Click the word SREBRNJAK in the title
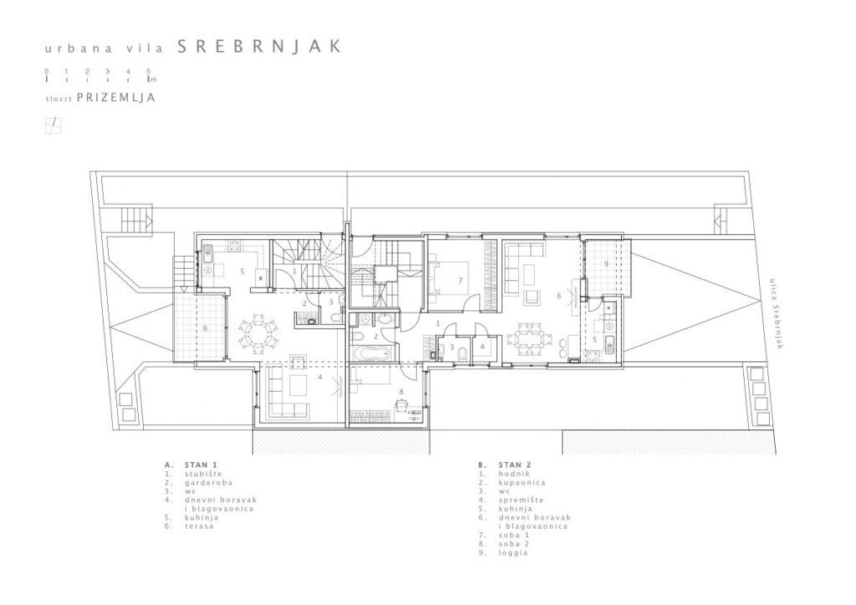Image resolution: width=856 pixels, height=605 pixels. (260, 46)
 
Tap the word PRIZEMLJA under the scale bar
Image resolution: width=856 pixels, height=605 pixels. (116, 98)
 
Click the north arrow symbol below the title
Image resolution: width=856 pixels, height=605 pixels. (53, 125)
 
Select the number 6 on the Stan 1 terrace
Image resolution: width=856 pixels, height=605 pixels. (206, 328)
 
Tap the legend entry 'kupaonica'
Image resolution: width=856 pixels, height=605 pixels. (522, 482)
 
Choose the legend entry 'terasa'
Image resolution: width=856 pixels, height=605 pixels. (199, 526)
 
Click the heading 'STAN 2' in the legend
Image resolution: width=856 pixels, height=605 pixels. (514, 465)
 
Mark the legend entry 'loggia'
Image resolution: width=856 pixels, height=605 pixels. (512, 552)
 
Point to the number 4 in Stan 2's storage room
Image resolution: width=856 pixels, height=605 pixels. (482, 346)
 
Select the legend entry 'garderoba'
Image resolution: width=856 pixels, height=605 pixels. (208, 482)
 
